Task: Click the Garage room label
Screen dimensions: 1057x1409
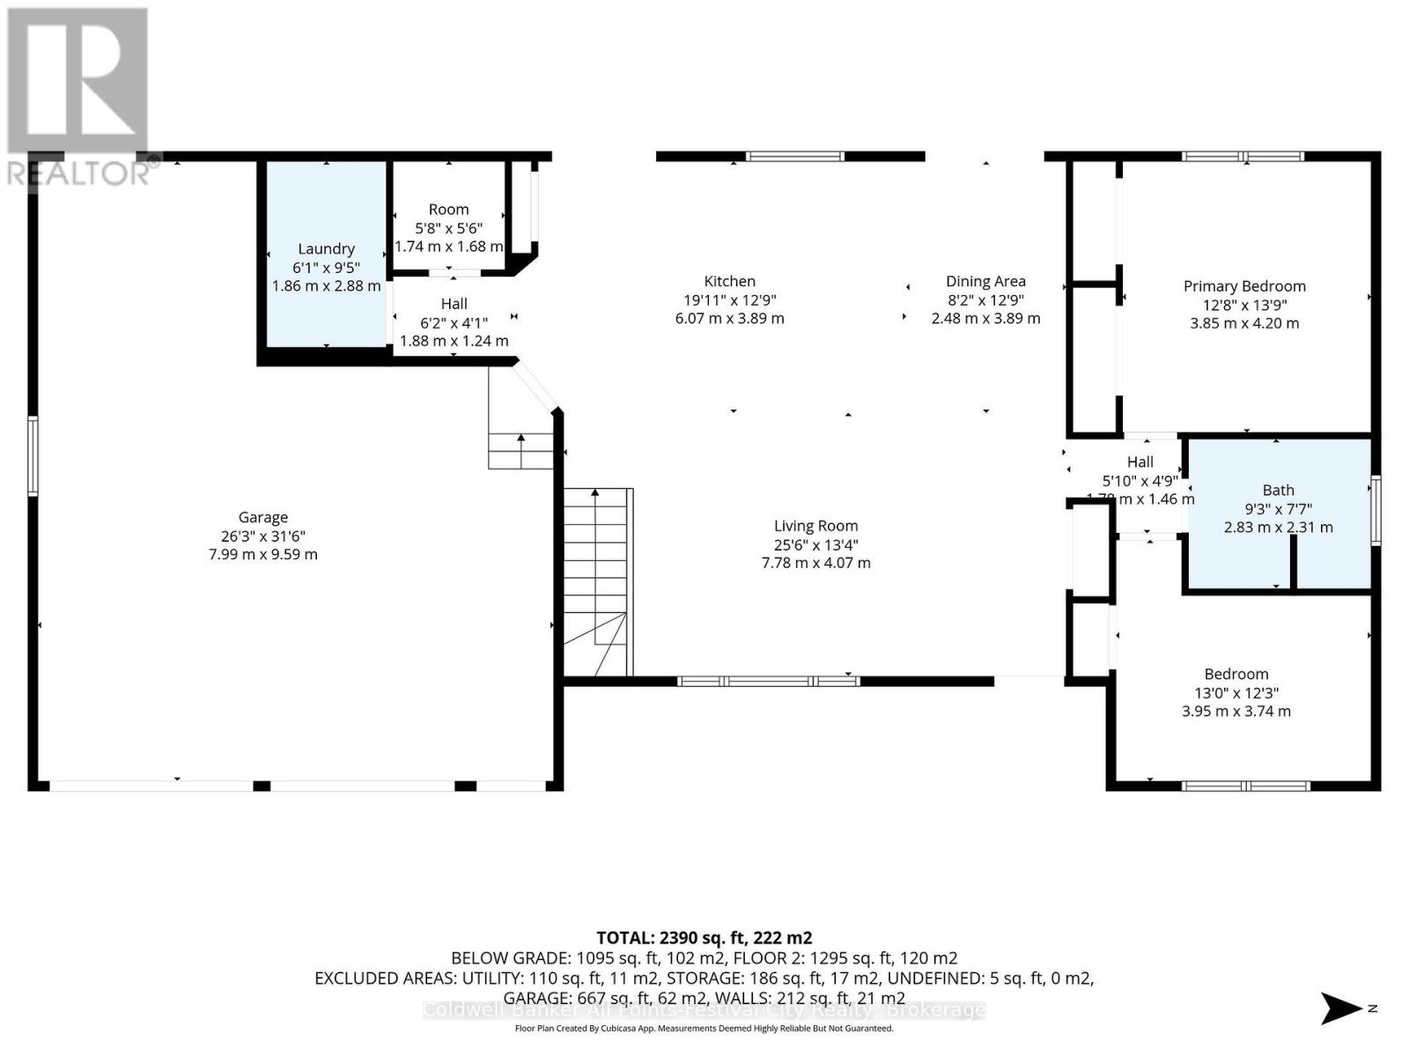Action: (262, 517)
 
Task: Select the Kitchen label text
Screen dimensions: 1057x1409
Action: (729, 281)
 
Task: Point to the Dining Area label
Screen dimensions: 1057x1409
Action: (985, 281)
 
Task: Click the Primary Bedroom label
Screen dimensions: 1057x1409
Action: (1243, 286)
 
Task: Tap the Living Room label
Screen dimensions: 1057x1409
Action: (815, 526)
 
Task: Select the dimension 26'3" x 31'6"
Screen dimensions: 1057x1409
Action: (262, 536)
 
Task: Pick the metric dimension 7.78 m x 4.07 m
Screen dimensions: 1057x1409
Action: (815, 563)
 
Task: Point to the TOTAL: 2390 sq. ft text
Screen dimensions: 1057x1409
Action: (704, 938)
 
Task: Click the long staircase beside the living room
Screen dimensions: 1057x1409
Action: (597, 581)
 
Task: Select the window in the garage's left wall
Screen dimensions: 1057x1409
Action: (33, 456)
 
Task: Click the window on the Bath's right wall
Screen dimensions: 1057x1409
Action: (1376, 511)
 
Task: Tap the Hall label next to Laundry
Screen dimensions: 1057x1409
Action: (454, 304)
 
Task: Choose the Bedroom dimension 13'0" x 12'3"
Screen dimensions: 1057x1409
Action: (1236, 692)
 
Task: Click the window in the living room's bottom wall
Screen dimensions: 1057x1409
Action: (768, 681)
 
